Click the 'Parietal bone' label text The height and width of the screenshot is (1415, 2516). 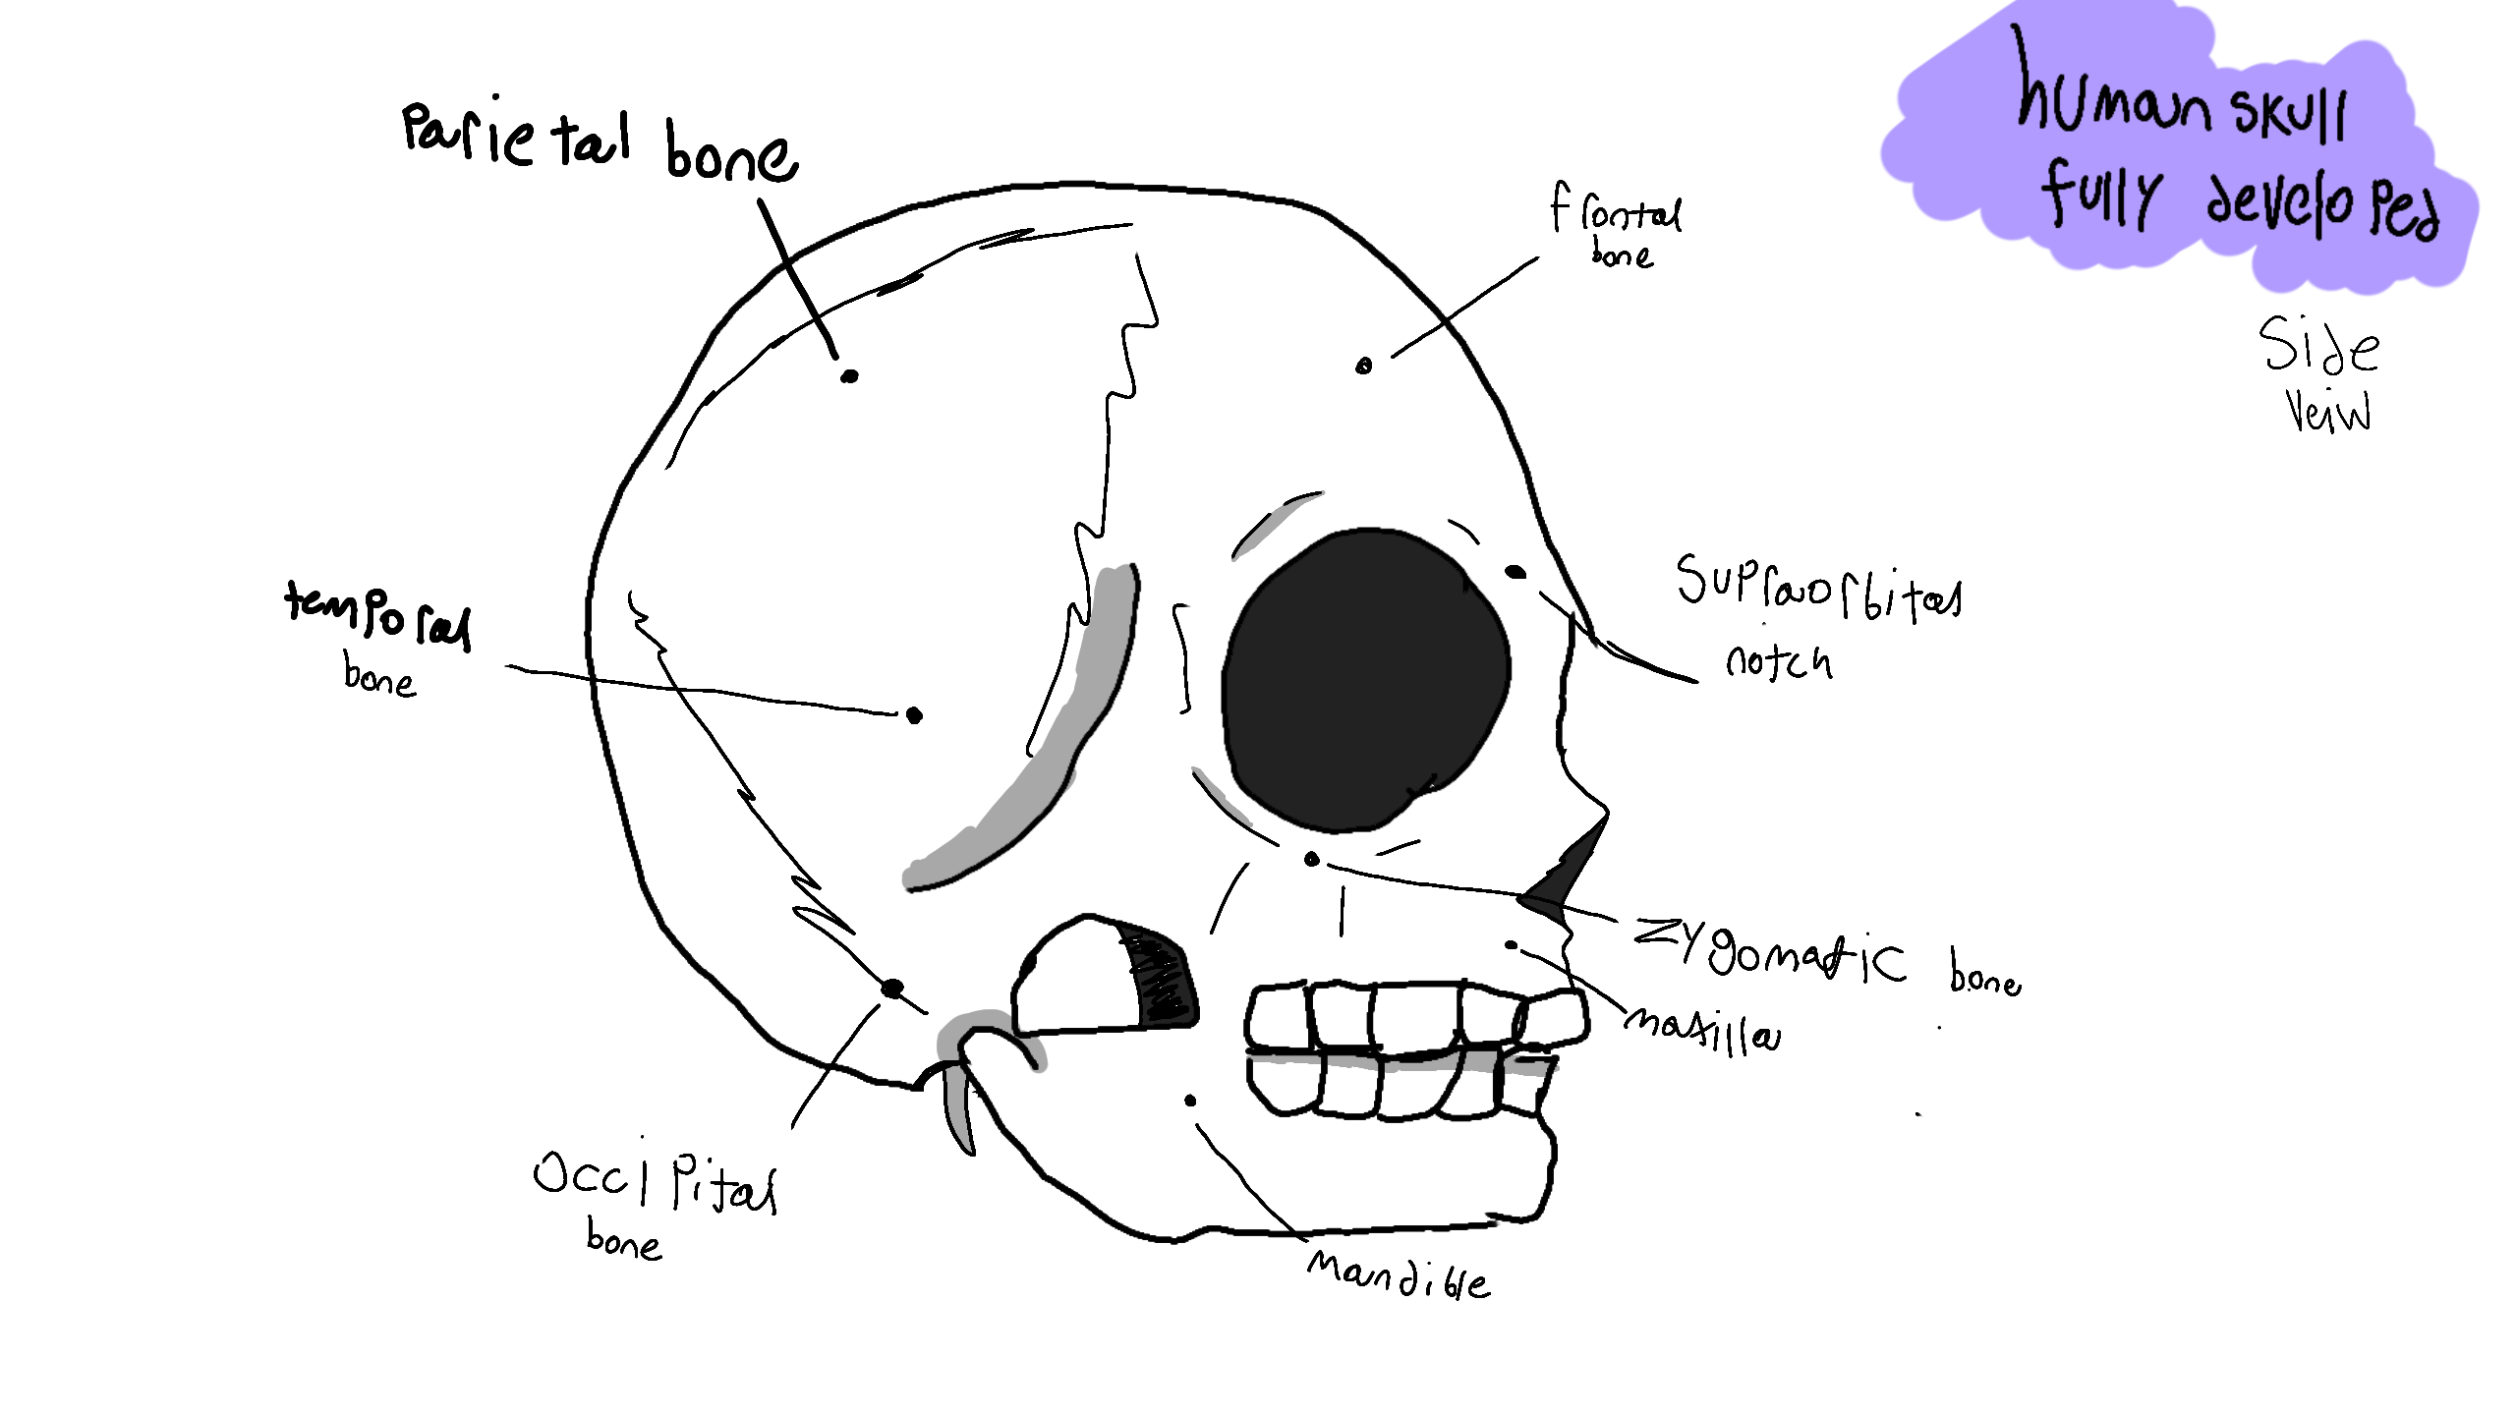point(600,142)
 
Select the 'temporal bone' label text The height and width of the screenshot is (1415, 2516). point(378,634)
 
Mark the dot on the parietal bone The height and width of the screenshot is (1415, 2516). point(849,375)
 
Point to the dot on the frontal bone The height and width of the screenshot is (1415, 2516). point(1363,367)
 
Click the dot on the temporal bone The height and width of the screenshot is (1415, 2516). point(914,715)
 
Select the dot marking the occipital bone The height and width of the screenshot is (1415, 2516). point(892,988)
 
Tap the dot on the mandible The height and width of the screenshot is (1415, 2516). point(1190,1100)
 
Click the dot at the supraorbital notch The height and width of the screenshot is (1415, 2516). point(1515,572)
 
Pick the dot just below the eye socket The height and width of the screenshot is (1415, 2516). point(1311,860)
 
